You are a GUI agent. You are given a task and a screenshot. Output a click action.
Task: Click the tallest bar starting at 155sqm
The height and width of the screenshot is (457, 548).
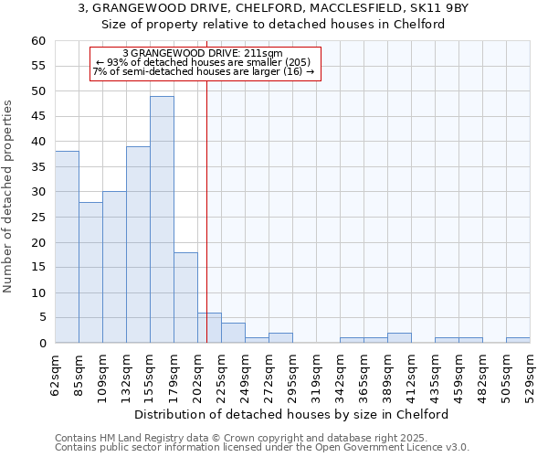[162, 219]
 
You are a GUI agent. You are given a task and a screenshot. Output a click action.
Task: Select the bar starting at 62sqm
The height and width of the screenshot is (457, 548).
[67, 247]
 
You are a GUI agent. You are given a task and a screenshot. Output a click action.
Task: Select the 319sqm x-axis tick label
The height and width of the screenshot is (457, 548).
[316, 375]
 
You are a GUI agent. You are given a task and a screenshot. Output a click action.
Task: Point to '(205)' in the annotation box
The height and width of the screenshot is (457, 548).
[298, 62]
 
